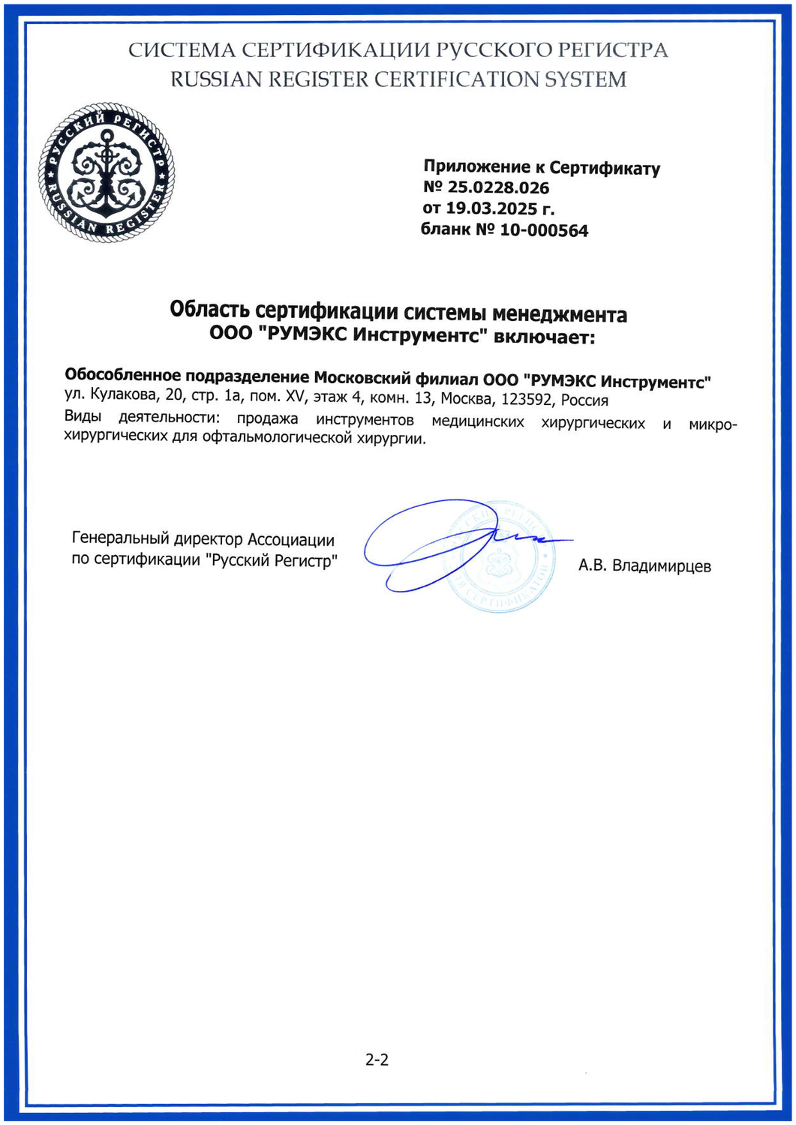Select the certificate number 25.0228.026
[498, 187]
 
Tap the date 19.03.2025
[491, 208]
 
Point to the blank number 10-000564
[544, 230]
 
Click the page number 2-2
[377, 1060]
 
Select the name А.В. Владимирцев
[644, 565]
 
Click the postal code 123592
[527, 400]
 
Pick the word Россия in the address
[584, 400]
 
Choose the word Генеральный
[120, 539]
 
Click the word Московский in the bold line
[362, 377]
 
